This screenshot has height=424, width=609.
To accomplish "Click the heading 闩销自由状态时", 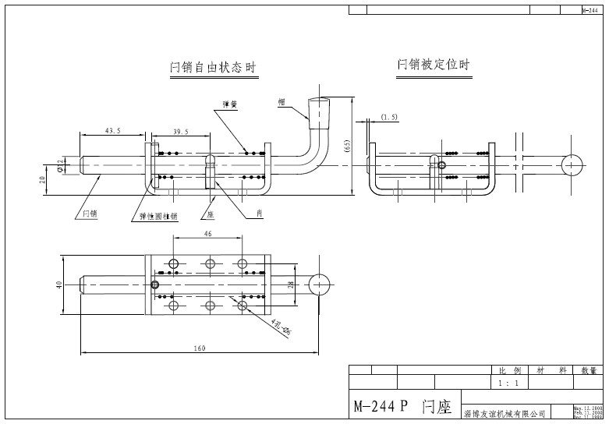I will click(213, 68).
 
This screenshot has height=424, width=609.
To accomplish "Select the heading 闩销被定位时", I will click(434, 64).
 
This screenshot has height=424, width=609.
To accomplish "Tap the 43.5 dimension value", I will click(112, 131).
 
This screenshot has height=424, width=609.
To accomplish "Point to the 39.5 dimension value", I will click(181, 131).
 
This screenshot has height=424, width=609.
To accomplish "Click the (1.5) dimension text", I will click(389, 117).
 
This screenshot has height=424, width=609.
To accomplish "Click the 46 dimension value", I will click(207, 233).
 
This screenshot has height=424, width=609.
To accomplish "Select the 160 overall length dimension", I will click(200, 348).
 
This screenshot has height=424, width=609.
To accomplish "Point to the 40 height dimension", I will click(59, 284).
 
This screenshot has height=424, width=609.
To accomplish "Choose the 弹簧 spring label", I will click(230, 104).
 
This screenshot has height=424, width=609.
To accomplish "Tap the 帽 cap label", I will click(281, 102).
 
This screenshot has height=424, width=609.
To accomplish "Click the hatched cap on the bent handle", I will click(319, 113).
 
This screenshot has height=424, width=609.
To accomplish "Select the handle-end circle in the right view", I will click(572, 164).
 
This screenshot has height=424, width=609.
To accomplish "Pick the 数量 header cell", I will click(588, 371).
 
